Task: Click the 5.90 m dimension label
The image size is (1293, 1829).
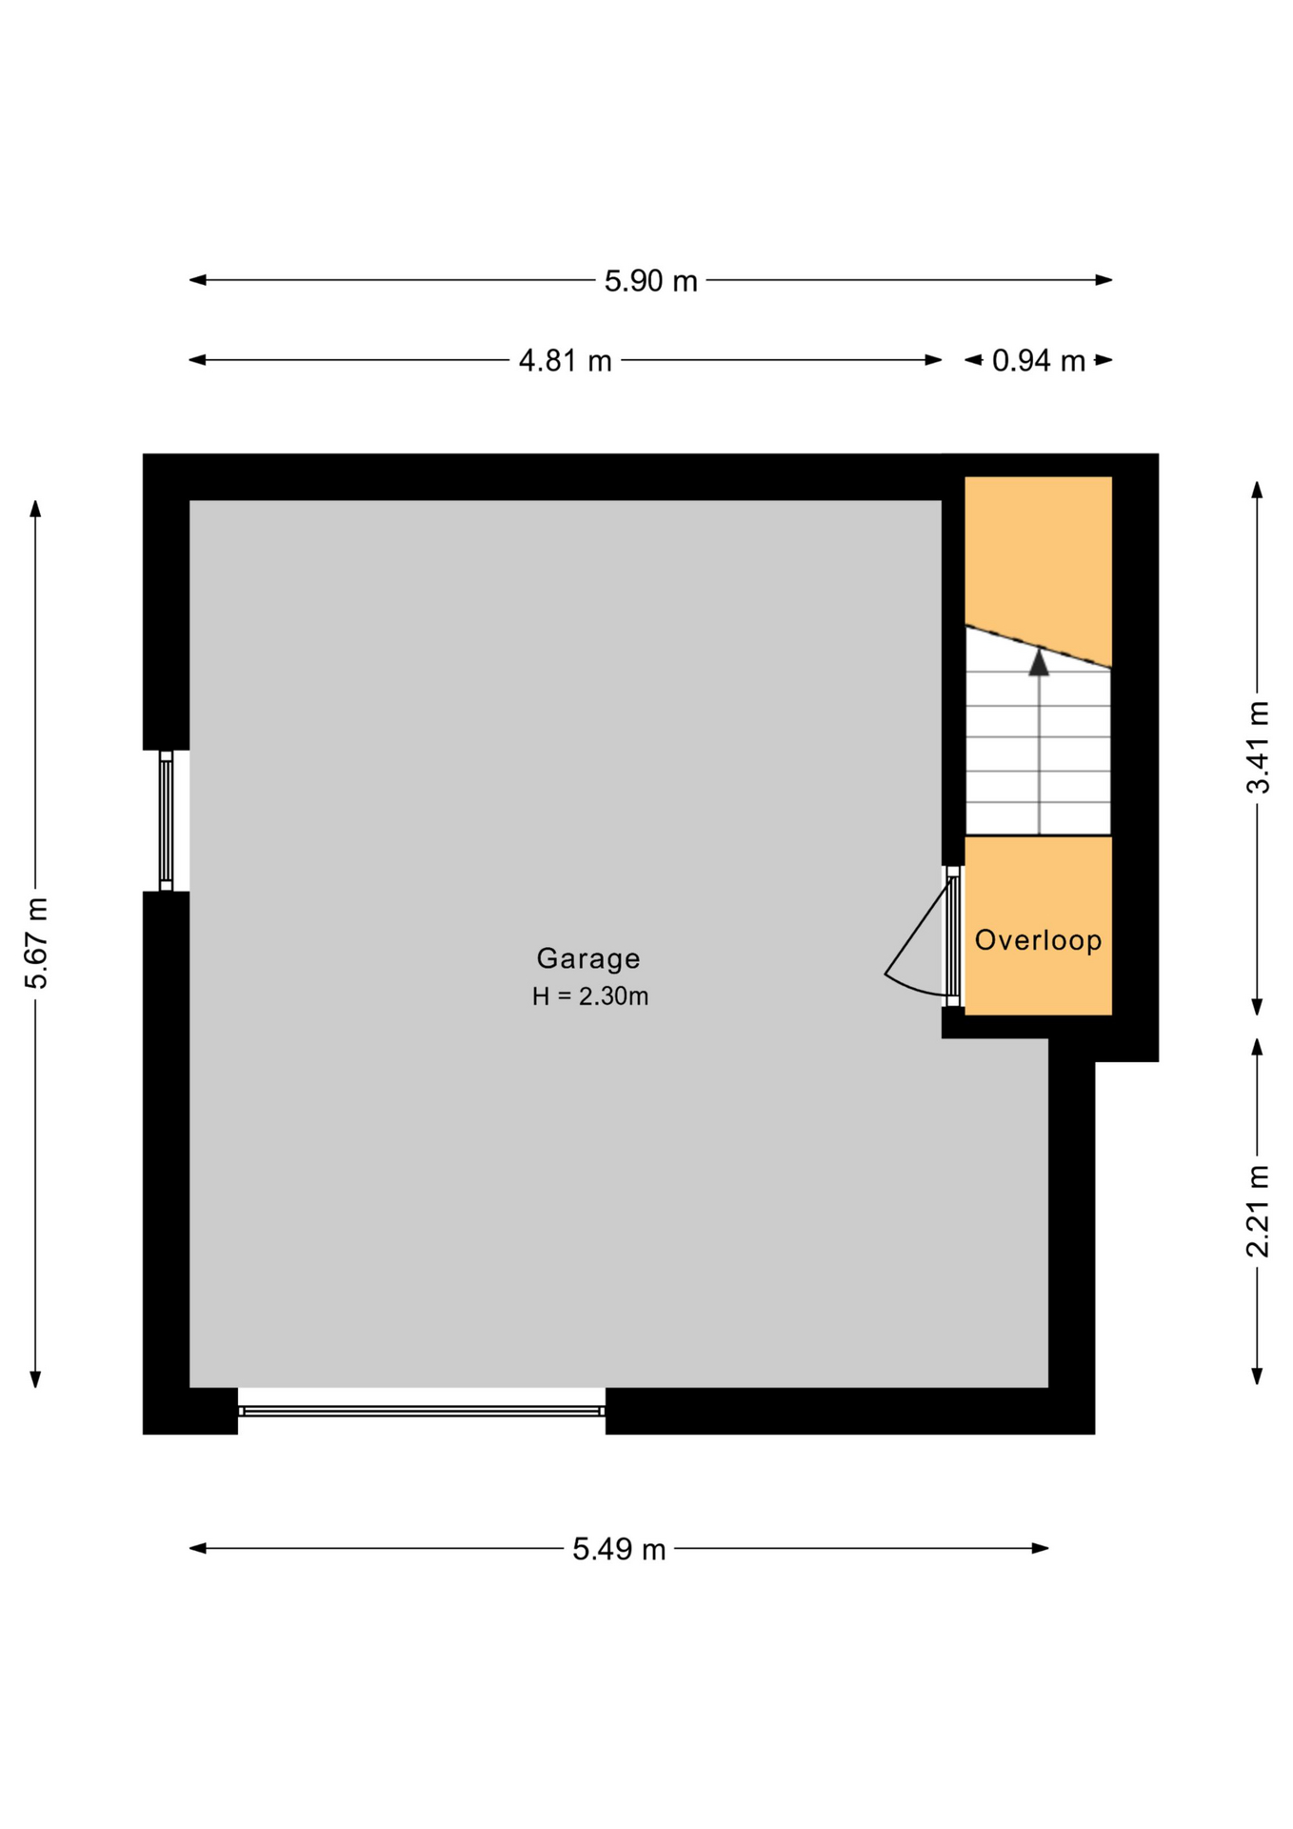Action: pyautogui.click(x=650, y=281)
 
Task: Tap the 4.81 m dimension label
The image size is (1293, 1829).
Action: pyautogui.click(x=565, y=361)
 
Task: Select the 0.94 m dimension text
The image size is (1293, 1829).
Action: pyautogui.click(x=1038, y=361)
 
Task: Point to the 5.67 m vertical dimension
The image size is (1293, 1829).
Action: pyautogui.click(x=36, y=942)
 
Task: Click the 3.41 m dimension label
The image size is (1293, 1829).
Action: pyautogui.click(x=1258, y=747)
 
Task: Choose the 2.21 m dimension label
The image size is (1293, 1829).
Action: pyautogui.click(x=1258, y=1210)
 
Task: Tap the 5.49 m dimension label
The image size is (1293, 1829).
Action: pyautogui.click(x=619, y=1550)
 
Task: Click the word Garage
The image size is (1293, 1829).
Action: pyautogui.click(x=588, y=958)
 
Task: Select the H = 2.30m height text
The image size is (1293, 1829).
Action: pyautogui.click(x=590, y=996)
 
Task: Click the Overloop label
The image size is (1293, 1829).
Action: pyautogui.click(x=1038, y=940)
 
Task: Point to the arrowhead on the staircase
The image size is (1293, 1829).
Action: pyautogui.click(x=1039, y=661)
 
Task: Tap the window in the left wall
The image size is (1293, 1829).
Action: pyautogui.click(x=166, y=821)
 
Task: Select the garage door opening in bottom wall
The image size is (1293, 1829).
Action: pyautogui.click(x=421, y=1411)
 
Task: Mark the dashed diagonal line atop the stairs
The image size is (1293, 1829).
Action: pyautogui.click(x=1039, y=647)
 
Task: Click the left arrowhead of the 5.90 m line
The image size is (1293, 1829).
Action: pyautogui.click(x=198, y=280)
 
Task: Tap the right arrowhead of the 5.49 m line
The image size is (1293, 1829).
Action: pyautogui.click(x=1040, y=1549)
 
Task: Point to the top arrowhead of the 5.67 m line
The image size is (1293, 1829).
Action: pyautogui.click(x=35, y=509)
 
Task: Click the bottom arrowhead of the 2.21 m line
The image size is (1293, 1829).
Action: pyautogui.click(x=1257, y=1377)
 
